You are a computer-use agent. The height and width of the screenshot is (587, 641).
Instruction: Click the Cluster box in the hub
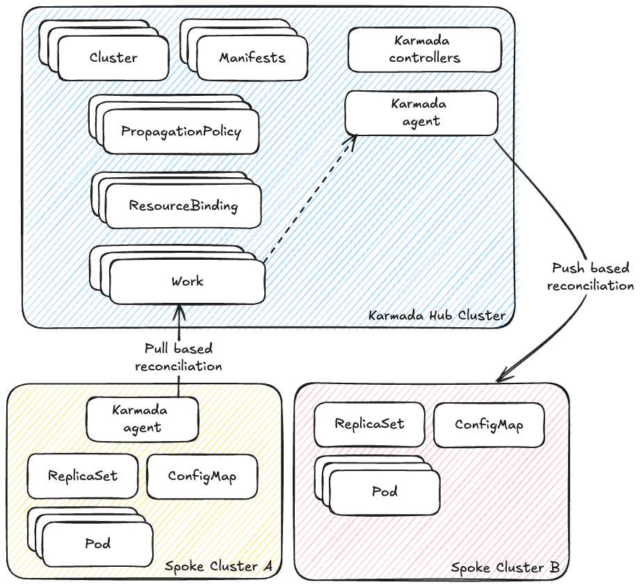click(113, 58)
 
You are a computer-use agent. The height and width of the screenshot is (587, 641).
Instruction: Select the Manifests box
click(252, 58)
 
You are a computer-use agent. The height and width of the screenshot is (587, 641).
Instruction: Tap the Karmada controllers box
click(424, 49)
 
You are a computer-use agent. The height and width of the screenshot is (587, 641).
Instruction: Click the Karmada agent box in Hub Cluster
click(421, 113)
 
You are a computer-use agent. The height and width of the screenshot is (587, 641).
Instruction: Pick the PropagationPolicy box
click(181, 131)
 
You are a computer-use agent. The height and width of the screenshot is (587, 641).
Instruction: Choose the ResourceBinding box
click(183, 206)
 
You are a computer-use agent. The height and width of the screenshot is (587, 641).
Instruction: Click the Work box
click(187, 281)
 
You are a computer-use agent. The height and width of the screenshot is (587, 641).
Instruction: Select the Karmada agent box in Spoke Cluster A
click(143, 419)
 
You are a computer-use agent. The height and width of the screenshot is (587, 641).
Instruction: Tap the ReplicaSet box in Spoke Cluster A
click(83, 477)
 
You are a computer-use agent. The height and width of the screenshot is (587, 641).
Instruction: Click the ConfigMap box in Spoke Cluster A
click(202, 477)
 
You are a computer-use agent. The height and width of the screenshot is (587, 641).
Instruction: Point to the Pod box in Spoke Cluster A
click(97, 543)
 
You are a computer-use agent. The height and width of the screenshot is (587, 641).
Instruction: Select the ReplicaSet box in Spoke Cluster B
click(369, 424)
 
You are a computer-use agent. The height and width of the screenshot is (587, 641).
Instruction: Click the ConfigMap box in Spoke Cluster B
click(489, 424)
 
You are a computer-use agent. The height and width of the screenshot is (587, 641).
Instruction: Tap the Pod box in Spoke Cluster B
click(384, 492)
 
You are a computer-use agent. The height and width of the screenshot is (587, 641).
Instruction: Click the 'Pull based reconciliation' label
click(179, 357)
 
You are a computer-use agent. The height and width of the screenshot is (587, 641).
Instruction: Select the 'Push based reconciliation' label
click(590, 276)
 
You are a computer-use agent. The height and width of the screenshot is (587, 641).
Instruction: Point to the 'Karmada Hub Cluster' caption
click(437, 316)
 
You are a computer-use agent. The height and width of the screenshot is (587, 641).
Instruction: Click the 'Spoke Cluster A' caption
click(218, 566)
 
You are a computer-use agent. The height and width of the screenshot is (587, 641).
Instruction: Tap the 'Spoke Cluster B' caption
click(505, 568)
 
